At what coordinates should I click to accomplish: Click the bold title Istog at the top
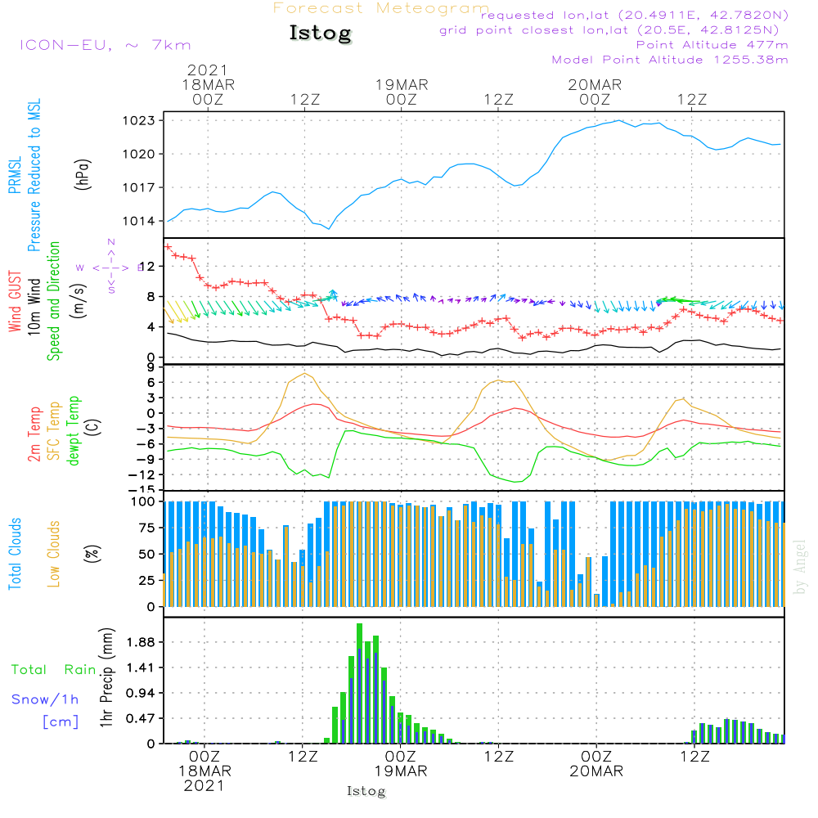coord(320,34)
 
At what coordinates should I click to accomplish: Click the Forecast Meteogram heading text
coord(381,8)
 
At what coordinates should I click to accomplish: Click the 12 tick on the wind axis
coord(148,266)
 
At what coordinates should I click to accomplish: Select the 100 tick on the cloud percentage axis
coord(144,501)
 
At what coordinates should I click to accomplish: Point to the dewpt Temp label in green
coord(74,431)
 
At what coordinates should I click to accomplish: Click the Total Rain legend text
coord(54,669)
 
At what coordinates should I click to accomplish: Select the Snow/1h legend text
coord(46,699)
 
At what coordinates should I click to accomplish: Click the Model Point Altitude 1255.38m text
coord(670,60)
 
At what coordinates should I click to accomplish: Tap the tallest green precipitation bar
coord(359,683)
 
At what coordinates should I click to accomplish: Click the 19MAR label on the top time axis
coord(402,84)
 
